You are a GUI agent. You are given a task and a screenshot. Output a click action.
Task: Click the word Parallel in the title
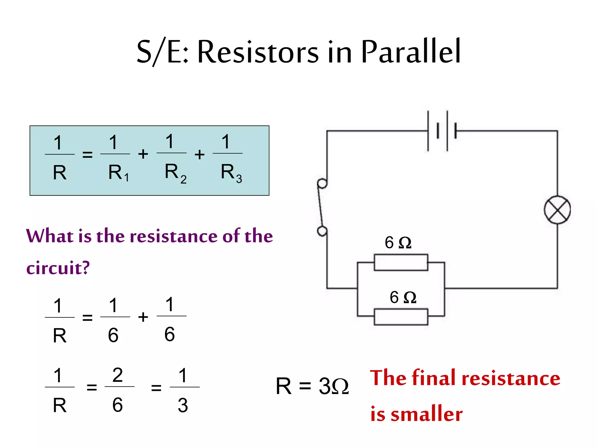point(411,52)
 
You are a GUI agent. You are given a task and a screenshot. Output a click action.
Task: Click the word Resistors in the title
point(258,52)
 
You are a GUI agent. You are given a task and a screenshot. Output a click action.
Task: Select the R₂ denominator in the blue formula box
point(175,173)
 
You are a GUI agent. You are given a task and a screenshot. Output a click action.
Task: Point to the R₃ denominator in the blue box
point(231,173)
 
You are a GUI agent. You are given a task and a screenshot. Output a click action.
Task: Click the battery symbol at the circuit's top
point(441,131)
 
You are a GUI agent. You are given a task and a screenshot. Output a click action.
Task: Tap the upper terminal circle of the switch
point(322,184)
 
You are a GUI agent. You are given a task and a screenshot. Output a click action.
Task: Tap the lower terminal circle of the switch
point(322,231)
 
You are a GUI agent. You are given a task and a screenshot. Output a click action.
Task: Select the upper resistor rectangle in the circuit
point(401,262)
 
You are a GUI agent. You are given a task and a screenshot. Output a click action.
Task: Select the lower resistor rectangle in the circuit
point(401,317)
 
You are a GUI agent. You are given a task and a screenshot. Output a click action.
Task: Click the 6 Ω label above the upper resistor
point(398,243)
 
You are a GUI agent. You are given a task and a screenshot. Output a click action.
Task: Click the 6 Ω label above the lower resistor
point(403,297)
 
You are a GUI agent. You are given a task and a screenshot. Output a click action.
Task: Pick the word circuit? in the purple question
point(58,268)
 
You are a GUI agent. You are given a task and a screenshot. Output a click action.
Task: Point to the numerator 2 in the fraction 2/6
point(117,375)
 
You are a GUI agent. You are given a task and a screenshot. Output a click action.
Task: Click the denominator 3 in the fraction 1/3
point(183,405)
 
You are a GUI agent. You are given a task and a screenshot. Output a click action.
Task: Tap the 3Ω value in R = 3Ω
point(333,386)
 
